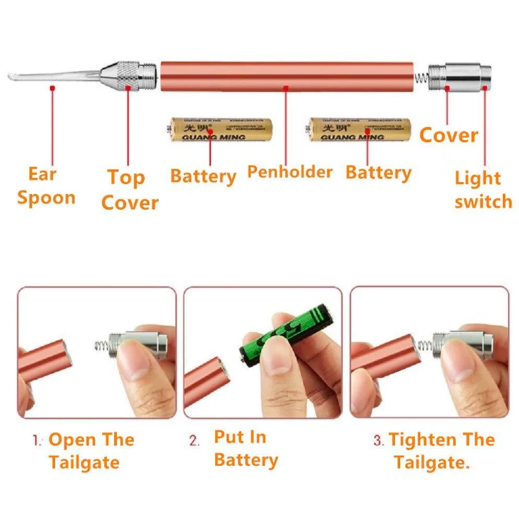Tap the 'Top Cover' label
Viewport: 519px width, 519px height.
point(129,189)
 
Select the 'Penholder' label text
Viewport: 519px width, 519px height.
point(289,172)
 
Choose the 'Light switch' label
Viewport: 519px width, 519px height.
point(483,189)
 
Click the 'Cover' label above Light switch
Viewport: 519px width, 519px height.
point(448,136)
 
